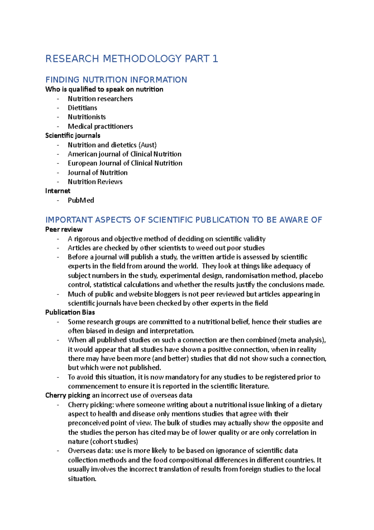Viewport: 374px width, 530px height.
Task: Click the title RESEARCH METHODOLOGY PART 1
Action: (132, 59)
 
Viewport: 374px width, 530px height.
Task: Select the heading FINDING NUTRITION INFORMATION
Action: (116, 80)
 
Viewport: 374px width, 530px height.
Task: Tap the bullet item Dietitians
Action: (82, 108)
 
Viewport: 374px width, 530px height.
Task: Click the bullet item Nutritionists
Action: (87, 117)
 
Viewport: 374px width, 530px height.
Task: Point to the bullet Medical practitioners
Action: (100, 126)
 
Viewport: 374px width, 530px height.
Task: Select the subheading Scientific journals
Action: (73, 135)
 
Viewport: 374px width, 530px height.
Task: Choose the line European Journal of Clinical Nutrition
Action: (125, 163)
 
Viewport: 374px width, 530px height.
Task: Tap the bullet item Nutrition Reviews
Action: (95, 182)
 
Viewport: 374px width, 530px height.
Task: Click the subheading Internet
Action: (58, 191)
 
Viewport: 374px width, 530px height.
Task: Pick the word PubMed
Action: (81, 200)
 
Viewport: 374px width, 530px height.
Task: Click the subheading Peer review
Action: (64, 229)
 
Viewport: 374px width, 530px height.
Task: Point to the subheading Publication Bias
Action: (70, 312)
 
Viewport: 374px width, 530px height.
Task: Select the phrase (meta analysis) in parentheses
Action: (301, 340)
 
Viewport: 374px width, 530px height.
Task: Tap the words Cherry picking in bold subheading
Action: (68, 395)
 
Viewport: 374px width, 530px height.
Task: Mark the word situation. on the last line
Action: (82, 478)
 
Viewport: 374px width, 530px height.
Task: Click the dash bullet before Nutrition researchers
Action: (58, 99)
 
